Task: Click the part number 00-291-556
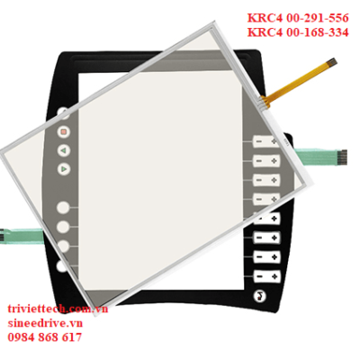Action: (x=318, y=18)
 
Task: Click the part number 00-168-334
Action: (x=318, y=32)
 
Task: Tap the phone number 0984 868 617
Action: (x=44, y=337)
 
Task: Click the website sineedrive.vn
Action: (x=45, y=323)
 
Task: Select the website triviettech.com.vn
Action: (x=58, y=309)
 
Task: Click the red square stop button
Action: (x=63, y=131)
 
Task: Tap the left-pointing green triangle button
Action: (x=63, y=150)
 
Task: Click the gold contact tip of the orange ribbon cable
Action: (x=332, y=62)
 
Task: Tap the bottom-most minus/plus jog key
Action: (x=267, y=276)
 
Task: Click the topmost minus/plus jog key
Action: (x=266, y=141)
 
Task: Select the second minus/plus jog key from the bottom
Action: (x=267, y=257)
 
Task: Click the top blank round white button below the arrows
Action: (x=63, y=208)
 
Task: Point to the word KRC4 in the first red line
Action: (x=265, y=18)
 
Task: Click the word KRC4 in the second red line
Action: (x=265, y=32)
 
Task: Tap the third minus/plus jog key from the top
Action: (x=266, y=180)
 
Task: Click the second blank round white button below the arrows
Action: (x=63, y=227)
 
